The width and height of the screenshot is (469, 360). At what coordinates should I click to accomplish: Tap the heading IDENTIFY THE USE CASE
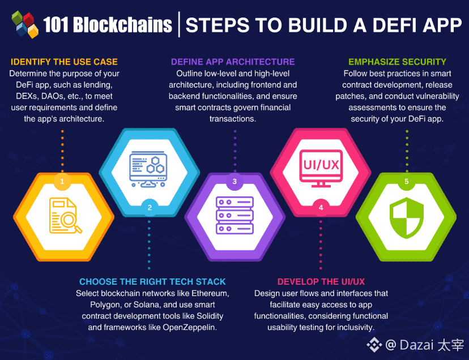point(63,62)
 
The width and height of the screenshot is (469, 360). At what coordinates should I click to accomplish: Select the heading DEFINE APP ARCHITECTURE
point(233,62)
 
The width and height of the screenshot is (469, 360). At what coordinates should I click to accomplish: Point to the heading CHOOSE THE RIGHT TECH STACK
point(152,281)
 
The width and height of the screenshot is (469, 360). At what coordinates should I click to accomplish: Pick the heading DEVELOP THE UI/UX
point(321,281)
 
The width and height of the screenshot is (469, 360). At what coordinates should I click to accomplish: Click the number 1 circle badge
point(62,182)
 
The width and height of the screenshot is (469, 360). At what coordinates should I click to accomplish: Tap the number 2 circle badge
point(150,207)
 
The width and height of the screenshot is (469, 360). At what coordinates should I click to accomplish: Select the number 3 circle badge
point(234,182)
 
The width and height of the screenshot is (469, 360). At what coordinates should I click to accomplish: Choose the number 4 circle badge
point(321,207)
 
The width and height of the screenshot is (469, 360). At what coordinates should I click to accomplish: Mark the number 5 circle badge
point(406,182)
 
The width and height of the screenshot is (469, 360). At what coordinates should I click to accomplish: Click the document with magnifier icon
point(65,215)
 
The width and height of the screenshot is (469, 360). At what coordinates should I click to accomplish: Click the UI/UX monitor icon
point(321,167)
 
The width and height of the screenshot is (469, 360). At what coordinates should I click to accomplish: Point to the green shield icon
point(406,217)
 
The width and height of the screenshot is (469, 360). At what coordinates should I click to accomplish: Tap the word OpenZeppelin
point(190,327)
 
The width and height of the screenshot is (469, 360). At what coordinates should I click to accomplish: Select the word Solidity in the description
point(209,316)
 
